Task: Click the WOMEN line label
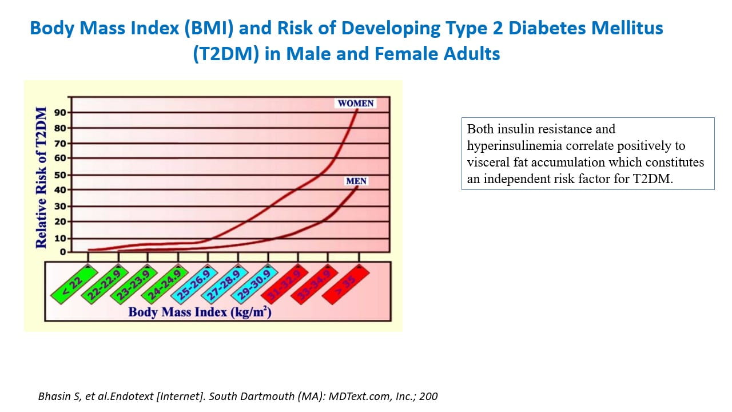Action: pos(356,104)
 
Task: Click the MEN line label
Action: pos(356,181)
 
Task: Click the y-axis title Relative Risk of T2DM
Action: pos(41,177)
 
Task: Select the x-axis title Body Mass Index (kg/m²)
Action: pos(200,312)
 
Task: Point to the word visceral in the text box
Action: pos(486,163)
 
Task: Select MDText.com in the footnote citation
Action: pos(350,396)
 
